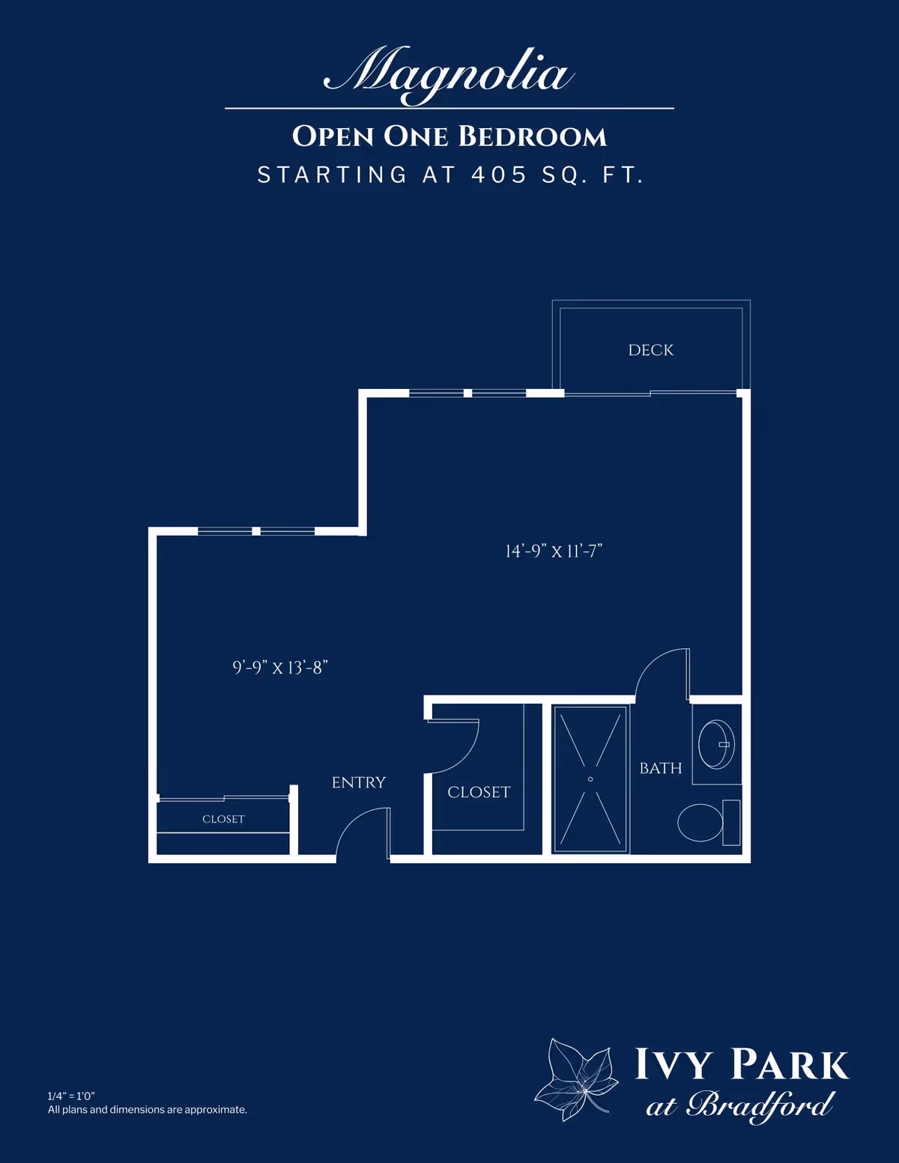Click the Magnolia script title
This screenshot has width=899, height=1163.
(449, 73)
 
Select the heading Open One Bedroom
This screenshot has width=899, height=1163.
(449, 136)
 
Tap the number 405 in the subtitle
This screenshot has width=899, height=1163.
(499, 175)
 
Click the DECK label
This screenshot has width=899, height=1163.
(650, 350)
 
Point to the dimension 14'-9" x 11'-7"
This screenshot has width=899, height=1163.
(554, 552)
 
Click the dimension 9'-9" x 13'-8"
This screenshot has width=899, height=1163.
(280, 668)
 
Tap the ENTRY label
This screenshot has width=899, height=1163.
(358, 782)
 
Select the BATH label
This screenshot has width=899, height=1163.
(660, 768)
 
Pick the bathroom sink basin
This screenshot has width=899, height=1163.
(715, 744)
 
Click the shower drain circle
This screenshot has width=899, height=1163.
(590, 779)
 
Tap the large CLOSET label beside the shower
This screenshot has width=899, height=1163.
(479, 792)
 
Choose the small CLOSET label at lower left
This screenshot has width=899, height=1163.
(223, 819)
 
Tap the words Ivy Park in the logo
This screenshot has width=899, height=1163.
(741, 1065)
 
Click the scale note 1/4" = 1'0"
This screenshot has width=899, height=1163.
(71, 1096)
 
